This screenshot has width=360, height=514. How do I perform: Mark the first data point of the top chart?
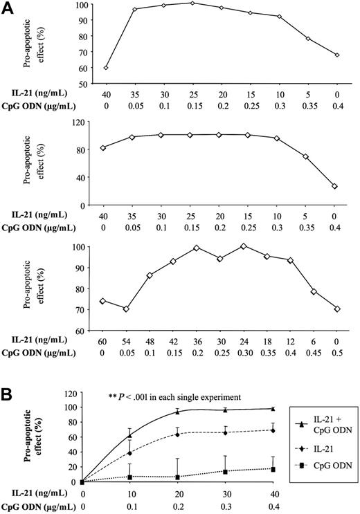(x=106, y=68)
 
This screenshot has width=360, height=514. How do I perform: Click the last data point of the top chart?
(x=336, y=55)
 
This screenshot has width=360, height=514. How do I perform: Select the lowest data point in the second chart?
(x=336, y=186)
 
